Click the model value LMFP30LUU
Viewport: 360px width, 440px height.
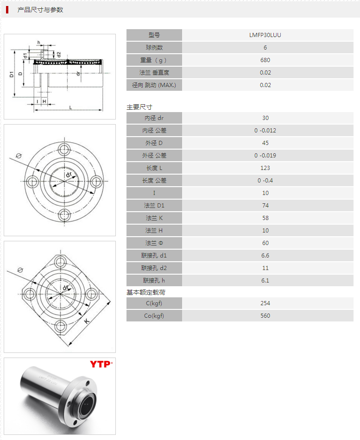pyautogui.click(x=265, y=35)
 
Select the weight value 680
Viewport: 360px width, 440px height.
pyautogui.click(x=265, y=60)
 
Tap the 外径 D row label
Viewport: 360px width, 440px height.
pyautogui.click(x=154, y=143)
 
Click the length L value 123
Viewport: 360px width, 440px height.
pyautogui.click(x=265, y=168)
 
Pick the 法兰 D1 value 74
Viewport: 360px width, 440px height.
pyautogui.click(x=265, y=206)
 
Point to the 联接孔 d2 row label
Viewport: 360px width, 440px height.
pyautogui.click(x=154, y=268)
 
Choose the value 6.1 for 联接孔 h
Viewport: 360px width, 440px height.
pyautogui.click(x=265, y=281)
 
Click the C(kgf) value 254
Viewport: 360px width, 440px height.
pyautogui.click(x=265, y=303)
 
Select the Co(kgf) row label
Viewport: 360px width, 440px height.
pyautogui.click(x=154, y=316)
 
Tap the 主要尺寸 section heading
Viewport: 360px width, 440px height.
pyautogui.click(x=139, y=107)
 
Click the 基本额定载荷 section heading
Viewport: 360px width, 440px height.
pyautogui.click(x=146, y=292)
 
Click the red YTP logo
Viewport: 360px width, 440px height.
pyautogui.click(x=101, y=364)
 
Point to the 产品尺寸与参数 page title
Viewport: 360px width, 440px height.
pyautogui.click(x=40, y=10)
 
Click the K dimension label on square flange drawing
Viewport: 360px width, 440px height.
pyautogui.click(x=87, y=321)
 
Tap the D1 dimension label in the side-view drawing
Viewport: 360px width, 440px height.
pyautogui.click(x=12, y=75)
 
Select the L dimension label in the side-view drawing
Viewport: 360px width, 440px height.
pyautogui.click(x=70, y=108)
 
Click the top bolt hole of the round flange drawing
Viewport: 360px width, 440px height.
pyautogui.click(x=64, y=149)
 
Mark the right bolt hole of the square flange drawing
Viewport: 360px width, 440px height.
pyautogui.click(x=91, y=295)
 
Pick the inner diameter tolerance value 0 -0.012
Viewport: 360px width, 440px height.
pyautogui.click(x=265, y=131)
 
